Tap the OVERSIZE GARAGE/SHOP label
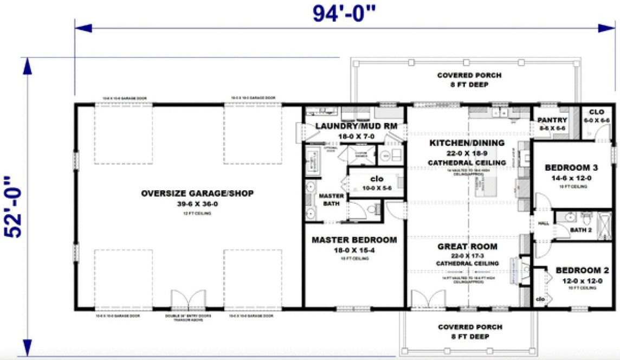pos(197,194)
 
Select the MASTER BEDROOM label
pos(354,240)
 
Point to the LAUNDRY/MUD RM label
pos(356,126)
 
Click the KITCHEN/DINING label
pos(467,143)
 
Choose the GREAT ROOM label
pos(467,247)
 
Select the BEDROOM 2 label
pos(583,271)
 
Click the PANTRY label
pos(552,120)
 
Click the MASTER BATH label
pos(331,200)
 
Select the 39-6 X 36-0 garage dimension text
pos(197,204)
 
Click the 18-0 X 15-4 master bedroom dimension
pos(354,250)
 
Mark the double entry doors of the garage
pos(189,299)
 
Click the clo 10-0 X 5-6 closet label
pos(377,182)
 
